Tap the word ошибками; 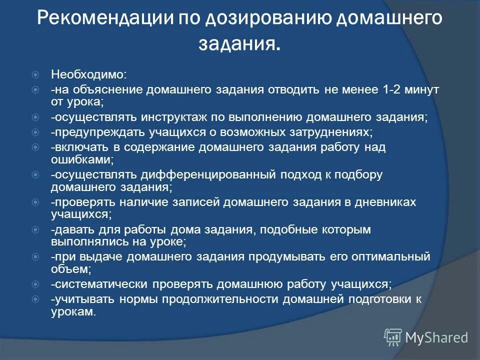pos(82,160)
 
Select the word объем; pos(70,269)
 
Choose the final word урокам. pos(72,311)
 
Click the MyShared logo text pos(436,337)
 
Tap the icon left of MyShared pos(393,337)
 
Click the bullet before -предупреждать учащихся pos(35,133)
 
